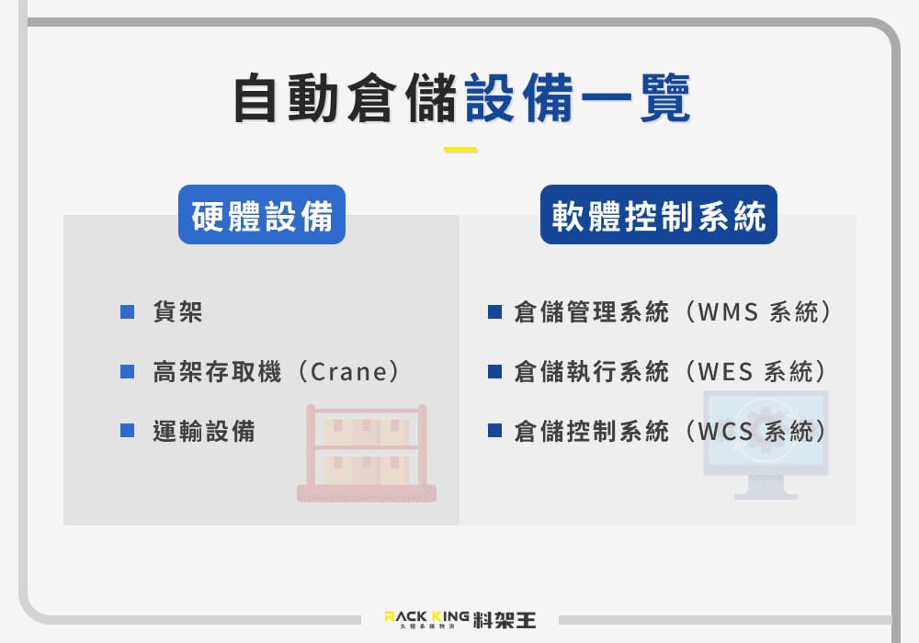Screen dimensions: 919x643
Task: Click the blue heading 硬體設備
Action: coord(261,215)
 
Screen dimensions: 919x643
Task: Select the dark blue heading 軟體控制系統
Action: coord(658,215)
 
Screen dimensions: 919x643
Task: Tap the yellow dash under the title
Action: coord(460,150)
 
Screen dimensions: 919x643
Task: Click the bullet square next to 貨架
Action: coord(127,311)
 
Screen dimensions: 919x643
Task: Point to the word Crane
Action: coord(348,372)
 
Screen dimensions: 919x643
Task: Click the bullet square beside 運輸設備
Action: coord(127,431)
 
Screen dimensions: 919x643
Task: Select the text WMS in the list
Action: coord(728,311)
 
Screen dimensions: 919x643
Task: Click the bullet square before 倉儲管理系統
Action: coord(494,311)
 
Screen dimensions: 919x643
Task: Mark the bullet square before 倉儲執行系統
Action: coord(494,371)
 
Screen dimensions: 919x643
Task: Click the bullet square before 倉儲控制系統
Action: coord(494,431)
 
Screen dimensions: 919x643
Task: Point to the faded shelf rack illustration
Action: coord(367,453)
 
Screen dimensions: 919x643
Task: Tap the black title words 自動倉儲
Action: coord(346,97)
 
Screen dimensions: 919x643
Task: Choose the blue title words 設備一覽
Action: coord(578,97)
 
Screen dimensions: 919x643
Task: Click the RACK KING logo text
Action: coord(426,616)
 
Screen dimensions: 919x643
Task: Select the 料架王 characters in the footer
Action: coord(505,620)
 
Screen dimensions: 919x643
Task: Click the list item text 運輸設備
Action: coord(204,431)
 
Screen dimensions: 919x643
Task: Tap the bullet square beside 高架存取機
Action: coord(127,371)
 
